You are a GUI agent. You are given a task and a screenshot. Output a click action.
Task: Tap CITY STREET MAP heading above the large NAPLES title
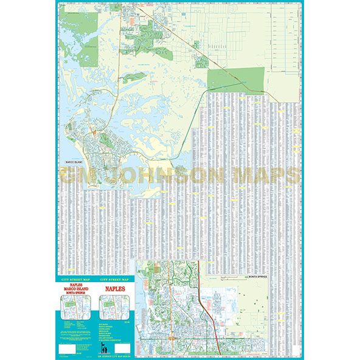click(x=117, y=279)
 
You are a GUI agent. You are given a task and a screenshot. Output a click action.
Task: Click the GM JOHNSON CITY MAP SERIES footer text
click(x=117, y=356)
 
